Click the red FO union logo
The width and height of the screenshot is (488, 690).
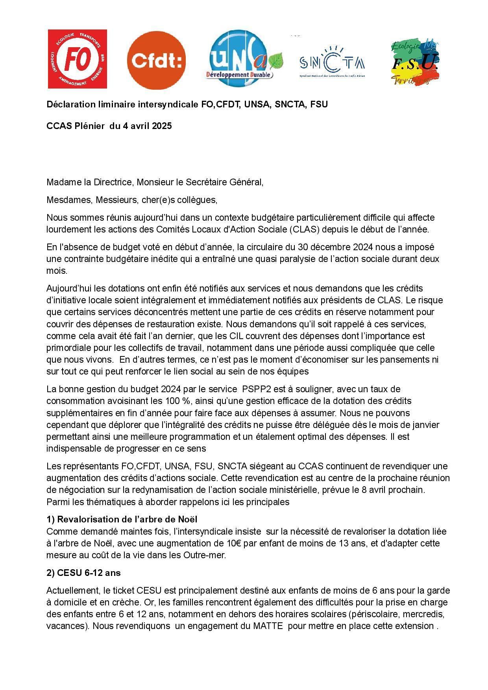point(77,59)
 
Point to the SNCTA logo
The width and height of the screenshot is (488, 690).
point(332,62)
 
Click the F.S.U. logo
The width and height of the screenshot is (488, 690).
point(414,61)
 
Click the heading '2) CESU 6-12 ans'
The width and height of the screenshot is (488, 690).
point(83,573)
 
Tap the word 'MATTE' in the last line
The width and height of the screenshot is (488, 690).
point(270,626)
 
